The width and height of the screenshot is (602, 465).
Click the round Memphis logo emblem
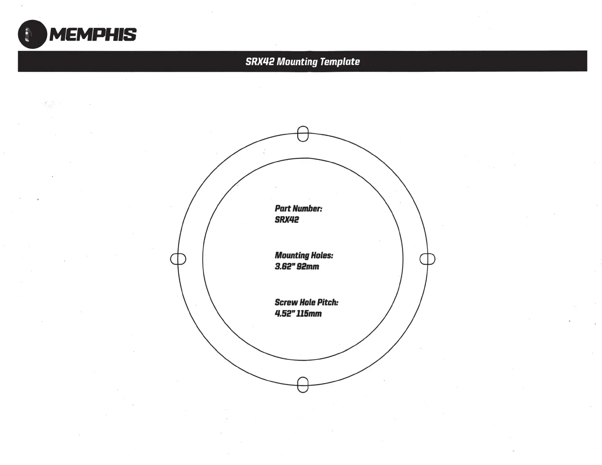32,34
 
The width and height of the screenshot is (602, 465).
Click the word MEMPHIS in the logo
93,35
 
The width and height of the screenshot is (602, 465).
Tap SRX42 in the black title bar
260,62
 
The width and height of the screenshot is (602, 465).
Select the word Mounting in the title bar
297,62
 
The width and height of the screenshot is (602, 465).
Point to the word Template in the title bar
340,62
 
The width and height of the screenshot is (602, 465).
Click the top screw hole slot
303,134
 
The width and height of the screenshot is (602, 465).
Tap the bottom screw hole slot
303,384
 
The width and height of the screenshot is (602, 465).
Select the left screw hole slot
178,259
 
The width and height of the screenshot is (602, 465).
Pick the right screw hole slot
427,259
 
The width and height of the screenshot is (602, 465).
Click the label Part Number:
298,208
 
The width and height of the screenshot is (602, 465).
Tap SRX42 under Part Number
287,220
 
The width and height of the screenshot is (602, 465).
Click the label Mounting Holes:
304,255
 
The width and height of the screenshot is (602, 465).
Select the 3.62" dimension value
283,266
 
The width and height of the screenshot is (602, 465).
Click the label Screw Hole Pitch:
306,302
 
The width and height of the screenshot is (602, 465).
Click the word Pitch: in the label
328,302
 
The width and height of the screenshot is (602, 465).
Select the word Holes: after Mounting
322,255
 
